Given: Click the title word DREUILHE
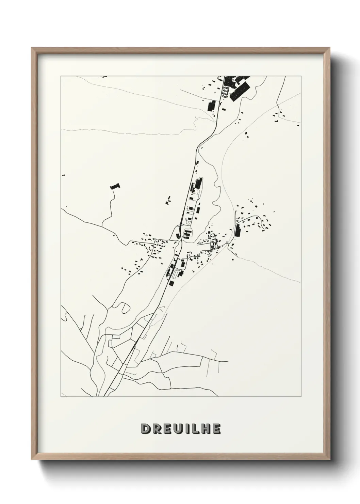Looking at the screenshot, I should (x=181, y=429).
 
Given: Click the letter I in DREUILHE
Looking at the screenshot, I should (x=186, y=429).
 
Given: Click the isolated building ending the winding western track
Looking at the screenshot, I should (x=115, y=187).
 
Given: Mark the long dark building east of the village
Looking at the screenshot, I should (x=237, y=231).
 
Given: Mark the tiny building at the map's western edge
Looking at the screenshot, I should (x=63, y=175).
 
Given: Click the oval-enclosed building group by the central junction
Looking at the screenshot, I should (x=187, y=234).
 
